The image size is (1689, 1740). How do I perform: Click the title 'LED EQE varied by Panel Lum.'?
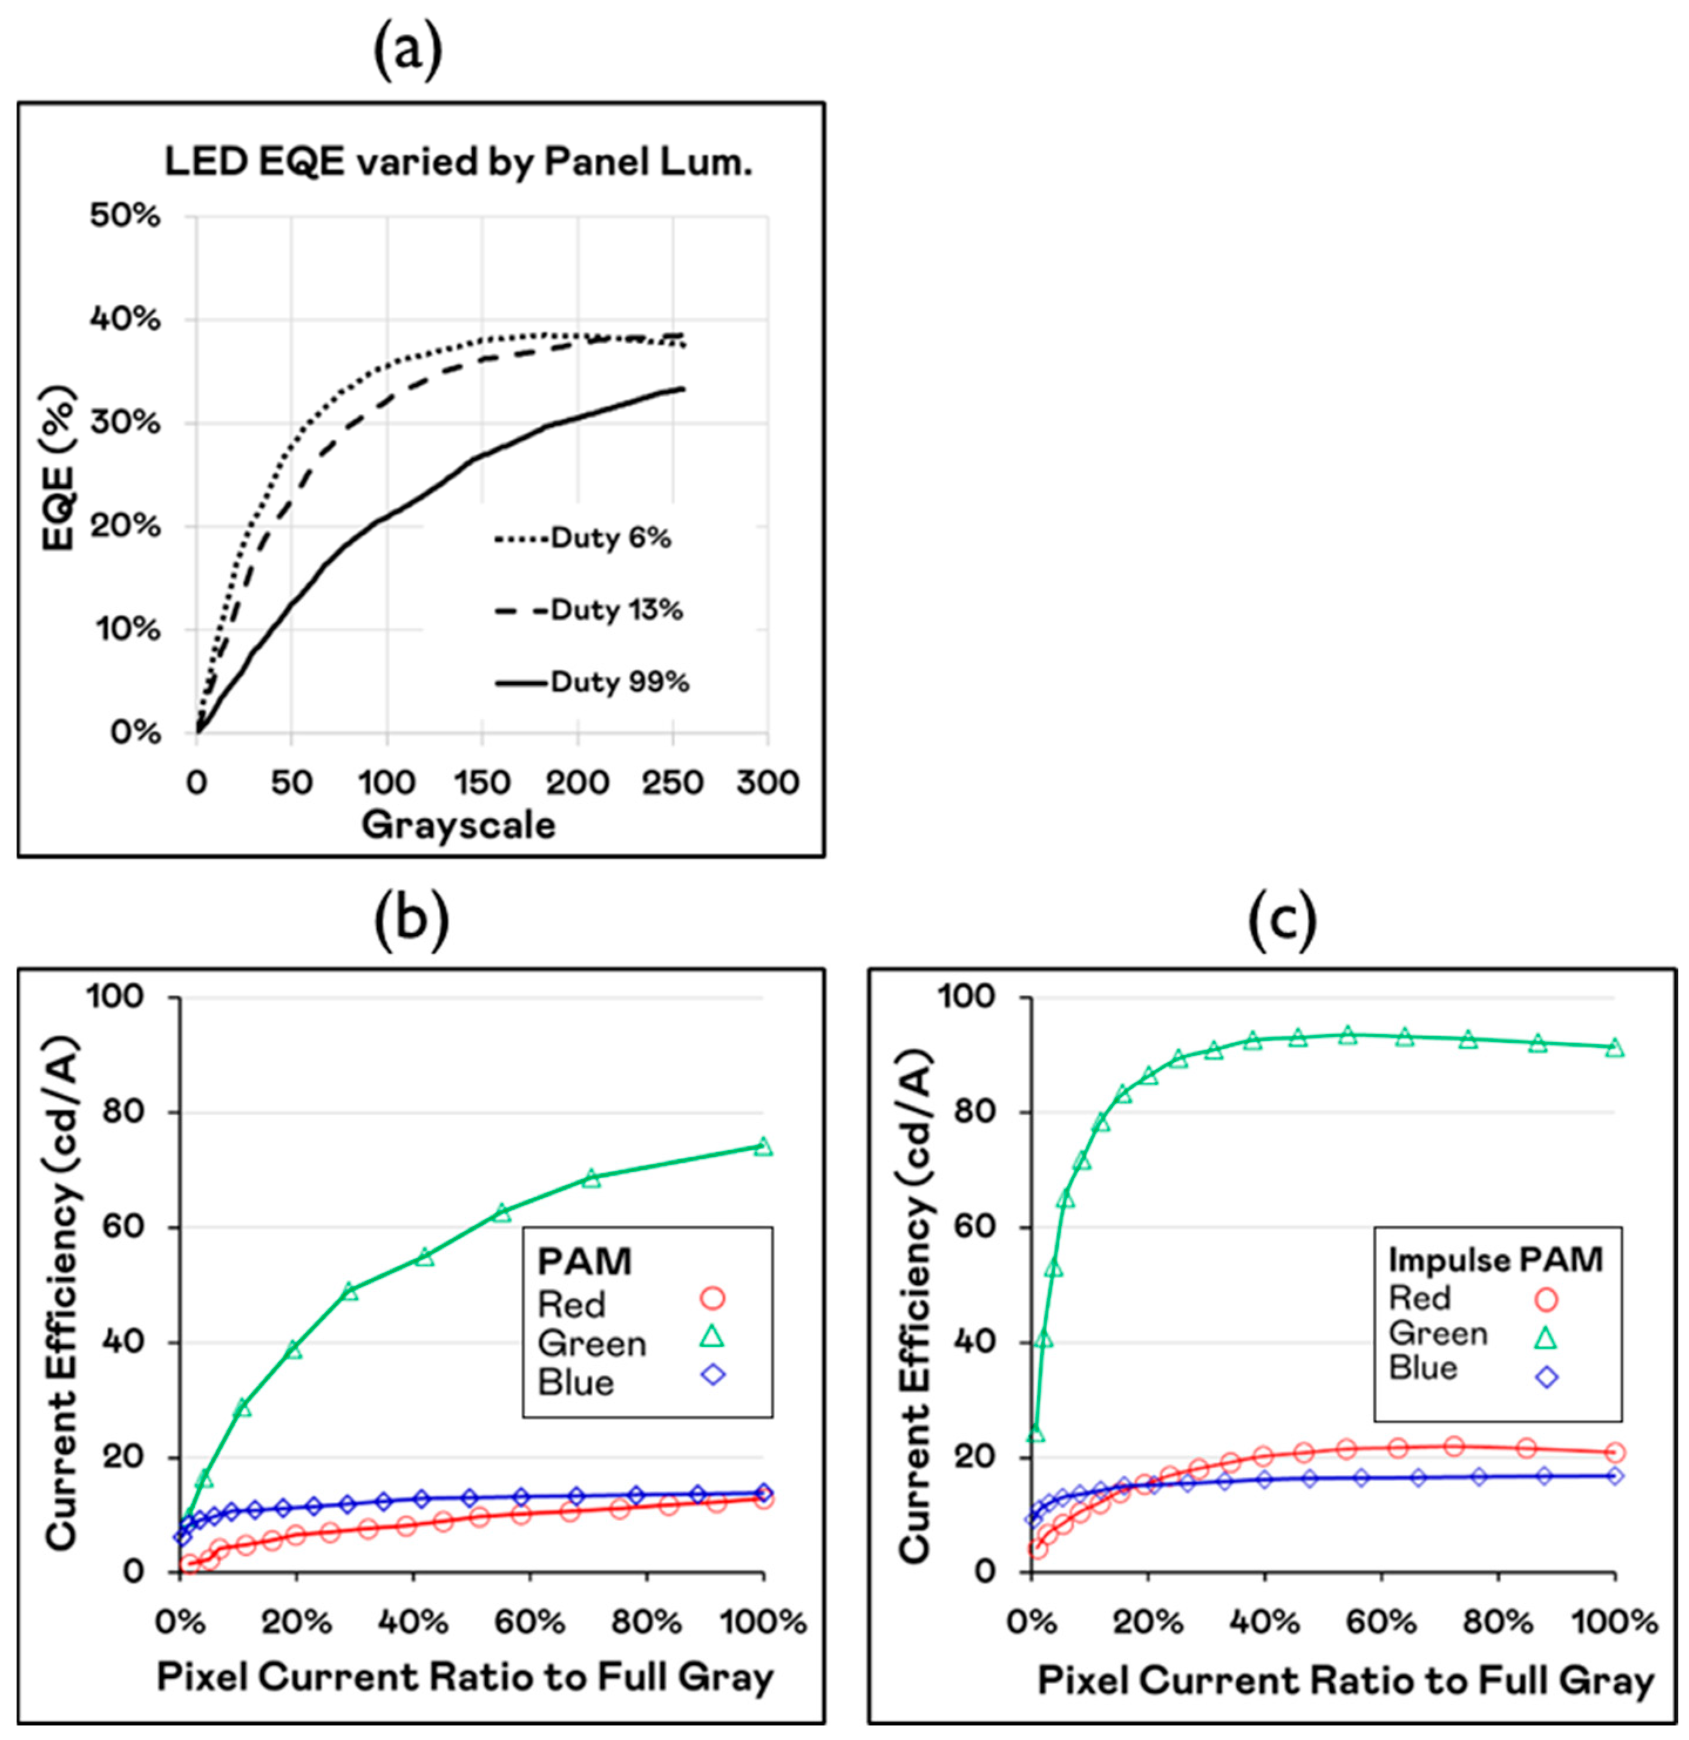(458, 163)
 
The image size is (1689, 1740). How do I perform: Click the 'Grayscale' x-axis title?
(458, 825)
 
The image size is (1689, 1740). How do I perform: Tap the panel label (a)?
(407, 53)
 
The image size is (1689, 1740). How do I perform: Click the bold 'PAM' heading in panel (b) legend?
(585, 1261)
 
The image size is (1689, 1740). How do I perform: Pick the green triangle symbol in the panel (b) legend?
(713, 1337)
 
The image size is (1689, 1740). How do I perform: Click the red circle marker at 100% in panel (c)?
(1614, 1453)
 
